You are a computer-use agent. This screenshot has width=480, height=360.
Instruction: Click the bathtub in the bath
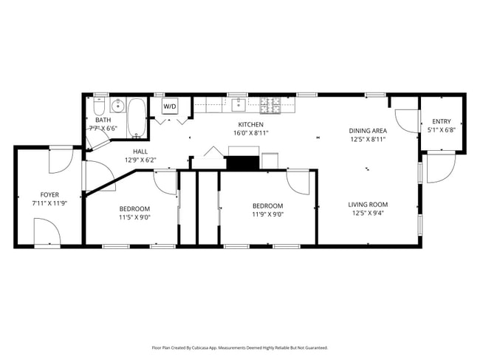(x=137, y=118)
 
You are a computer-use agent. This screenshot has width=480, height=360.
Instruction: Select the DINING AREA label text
(x=368, y=130)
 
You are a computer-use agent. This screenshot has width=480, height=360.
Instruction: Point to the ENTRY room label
(x=442, y=122)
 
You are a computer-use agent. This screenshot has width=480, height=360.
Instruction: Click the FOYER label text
(x=49, y=194)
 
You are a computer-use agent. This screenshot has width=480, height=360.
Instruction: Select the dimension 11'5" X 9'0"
(x=135, y=217)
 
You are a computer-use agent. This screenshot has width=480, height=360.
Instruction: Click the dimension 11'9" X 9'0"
(x=267, y=215)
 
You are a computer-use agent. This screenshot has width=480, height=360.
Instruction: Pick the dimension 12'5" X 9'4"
(x=368, y=214)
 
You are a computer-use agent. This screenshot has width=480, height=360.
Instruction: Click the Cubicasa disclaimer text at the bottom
(x=240, y=347)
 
